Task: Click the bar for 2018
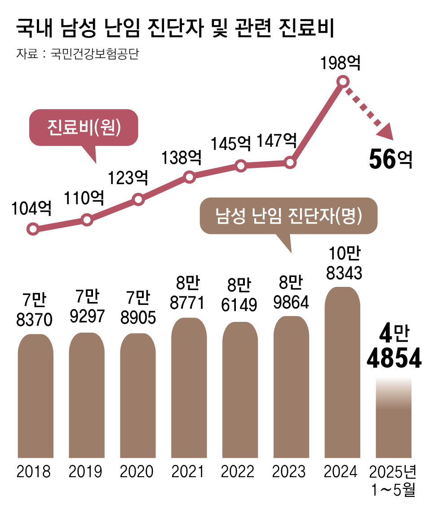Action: tap(35, 395)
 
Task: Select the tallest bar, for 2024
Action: tap(342, 373)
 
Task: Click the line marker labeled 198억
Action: tap(342, 82)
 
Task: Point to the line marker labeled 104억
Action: tap(32, 229)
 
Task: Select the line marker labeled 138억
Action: tap(190, 177)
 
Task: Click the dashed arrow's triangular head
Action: tap(385, 132)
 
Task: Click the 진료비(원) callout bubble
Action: tap(84, 127)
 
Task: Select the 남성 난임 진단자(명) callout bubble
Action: tap(288, 216)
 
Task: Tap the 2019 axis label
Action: tap(85, 472)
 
